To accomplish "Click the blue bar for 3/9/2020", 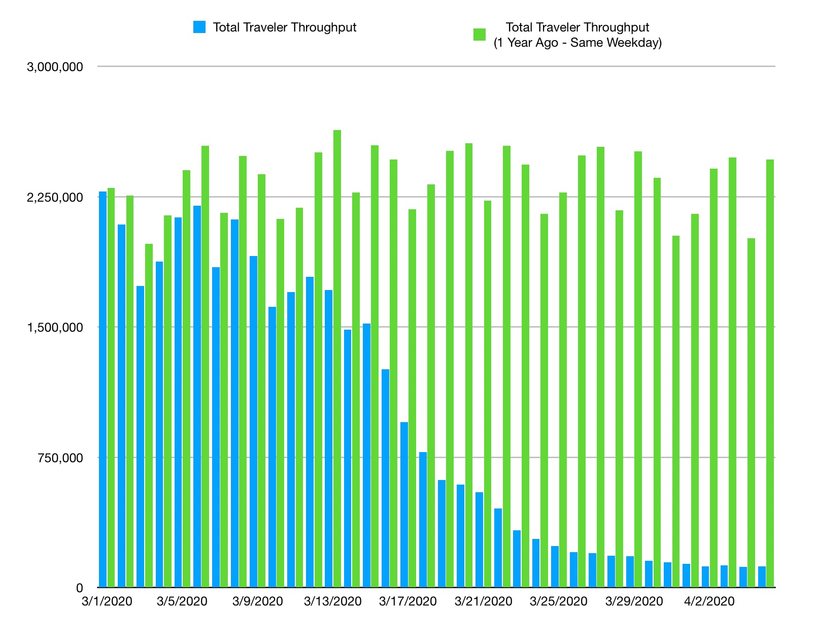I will [253, 422].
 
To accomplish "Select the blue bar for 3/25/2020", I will [555, 566].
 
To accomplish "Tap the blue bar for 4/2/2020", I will [705, 577].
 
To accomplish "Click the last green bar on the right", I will [770, 373].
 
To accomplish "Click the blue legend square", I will [199, 27].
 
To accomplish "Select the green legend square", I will [480, 35].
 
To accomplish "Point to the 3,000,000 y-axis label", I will [55, 67].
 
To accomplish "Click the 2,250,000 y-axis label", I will [55, 197].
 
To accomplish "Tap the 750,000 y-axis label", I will [61, 458].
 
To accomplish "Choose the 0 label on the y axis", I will [79, 588].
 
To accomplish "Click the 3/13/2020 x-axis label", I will [332, 601].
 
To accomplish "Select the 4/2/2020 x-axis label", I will [709, 601].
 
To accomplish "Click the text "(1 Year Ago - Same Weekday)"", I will [577, 43].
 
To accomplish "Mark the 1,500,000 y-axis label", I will [55, 328].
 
